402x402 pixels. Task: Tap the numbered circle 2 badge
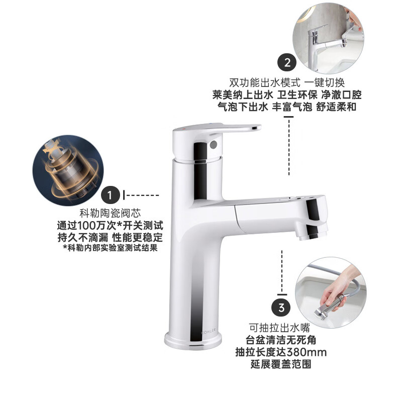[287, 63]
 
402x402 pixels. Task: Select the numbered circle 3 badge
[281, 306]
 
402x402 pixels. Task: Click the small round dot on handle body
[213, 145]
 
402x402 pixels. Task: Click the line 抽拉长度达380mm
[281, 352]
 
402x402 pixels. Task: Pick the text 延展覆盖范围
[281, 364]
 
